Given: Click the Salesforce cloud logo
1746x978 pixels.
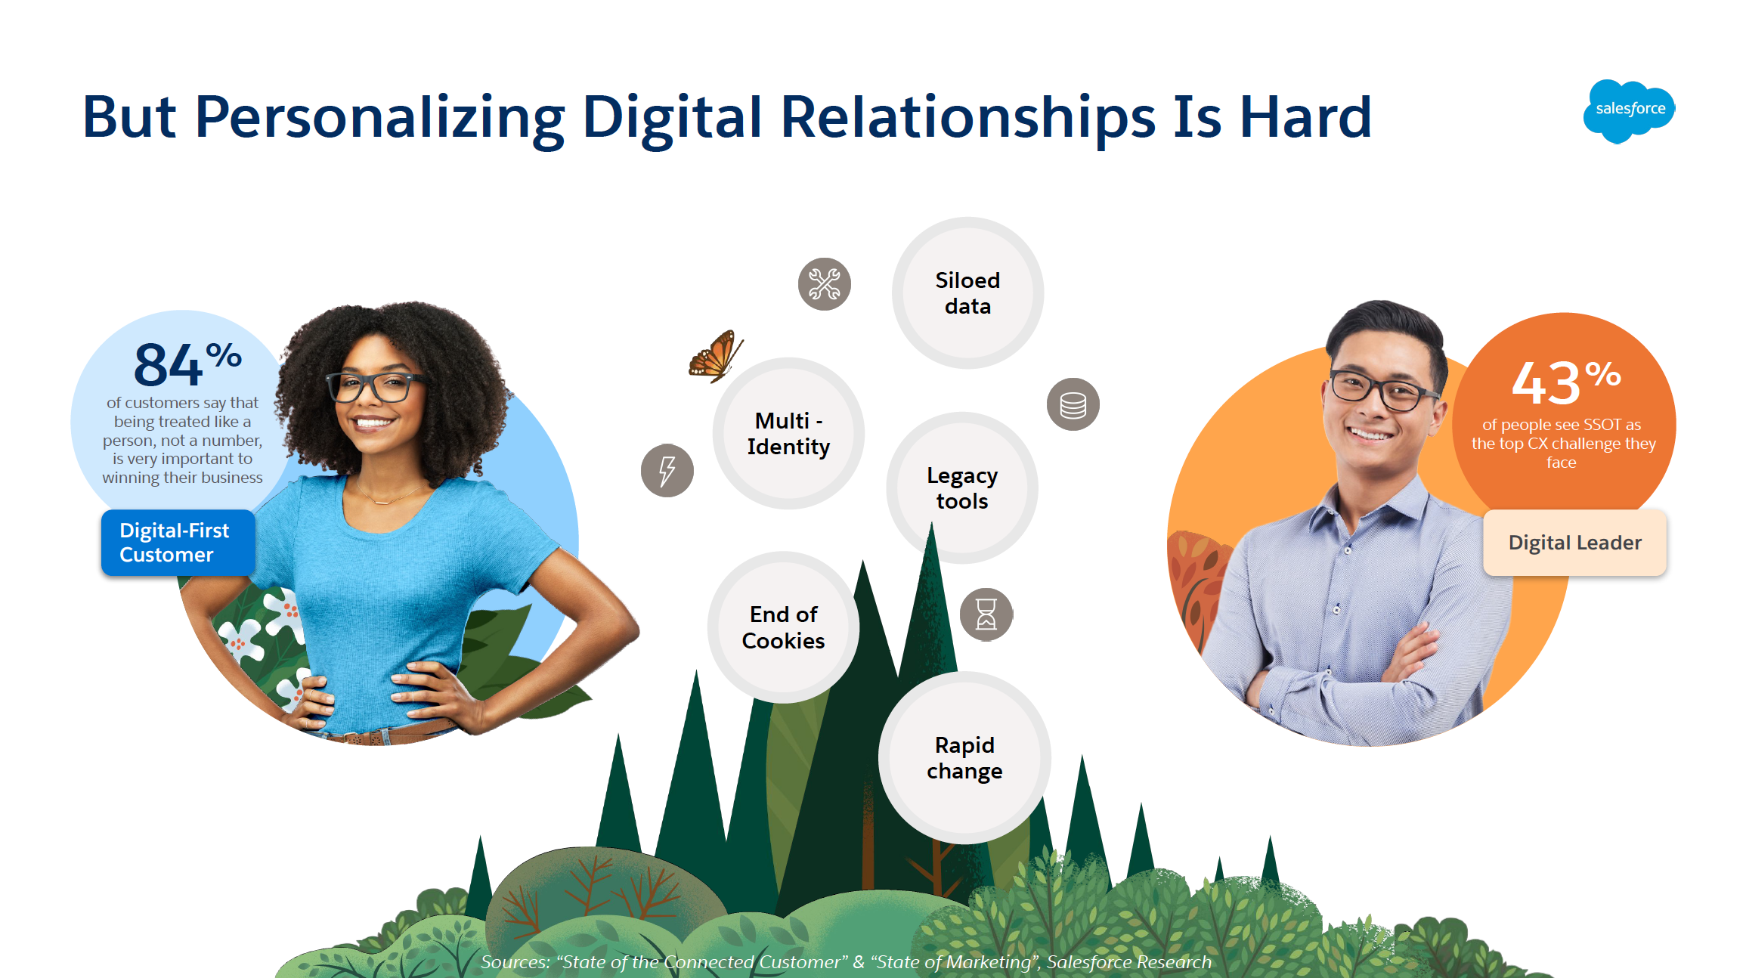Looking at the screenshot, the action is [1630, 110].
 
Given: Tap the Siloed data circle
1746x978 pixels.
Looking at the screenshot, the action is [967, 293].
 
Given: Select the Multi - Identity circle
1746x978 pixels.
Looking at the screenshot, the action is [788, 434].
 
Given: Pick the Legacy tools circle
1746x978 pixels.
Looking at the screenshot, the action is [962, 488].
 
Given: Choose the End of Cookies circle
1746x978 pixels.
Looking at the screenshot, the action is [784, 627].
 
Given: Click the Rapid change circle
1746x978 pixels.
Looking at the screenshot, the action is [964, 758].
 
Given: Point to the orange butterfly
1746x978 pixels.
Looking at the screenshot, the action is [715, 356].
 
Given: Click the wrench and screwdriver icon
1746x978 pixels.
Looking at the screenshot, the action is [825, 284].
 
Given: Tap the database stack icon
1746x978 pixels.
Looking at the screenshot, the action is [1073, 404].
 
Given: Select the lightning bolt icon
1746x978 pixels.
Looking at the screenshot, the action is [667, 471].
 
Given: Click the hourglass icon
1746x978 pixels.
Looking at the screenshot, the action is [986, 614].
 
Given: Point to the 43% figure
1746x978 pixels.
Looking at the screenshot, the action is [1566, 382].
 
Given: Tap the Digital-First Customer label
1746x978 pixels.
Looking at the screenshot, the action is [178, 543].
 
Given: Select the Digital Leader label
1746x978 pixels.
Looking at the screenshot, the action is [1575, 543].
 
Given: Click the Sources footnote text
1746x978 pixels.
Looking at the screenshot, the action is [847, 962].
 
